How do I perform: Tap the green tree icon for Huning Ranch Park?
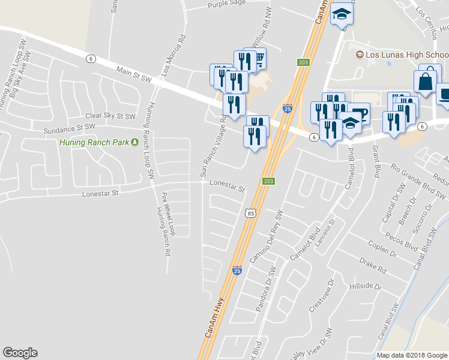pos(135,142)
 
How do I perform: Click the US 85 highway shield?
pos(251,212)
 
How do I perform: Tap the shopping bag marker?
pos(426,82)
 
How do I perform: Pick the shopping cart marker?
pos(259,59)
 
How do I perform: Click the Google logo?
pos(20,353)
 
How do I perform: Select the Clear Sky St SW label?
pos(111,115)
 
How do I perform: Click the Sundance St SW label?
pos(70,128)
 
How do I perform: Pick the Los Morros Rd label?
pos(172,55)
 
